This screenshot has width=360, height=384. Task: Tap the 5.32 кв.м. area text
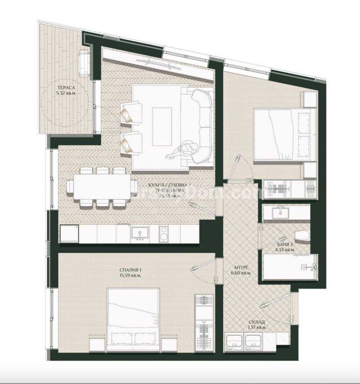[x=65, y=94]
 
